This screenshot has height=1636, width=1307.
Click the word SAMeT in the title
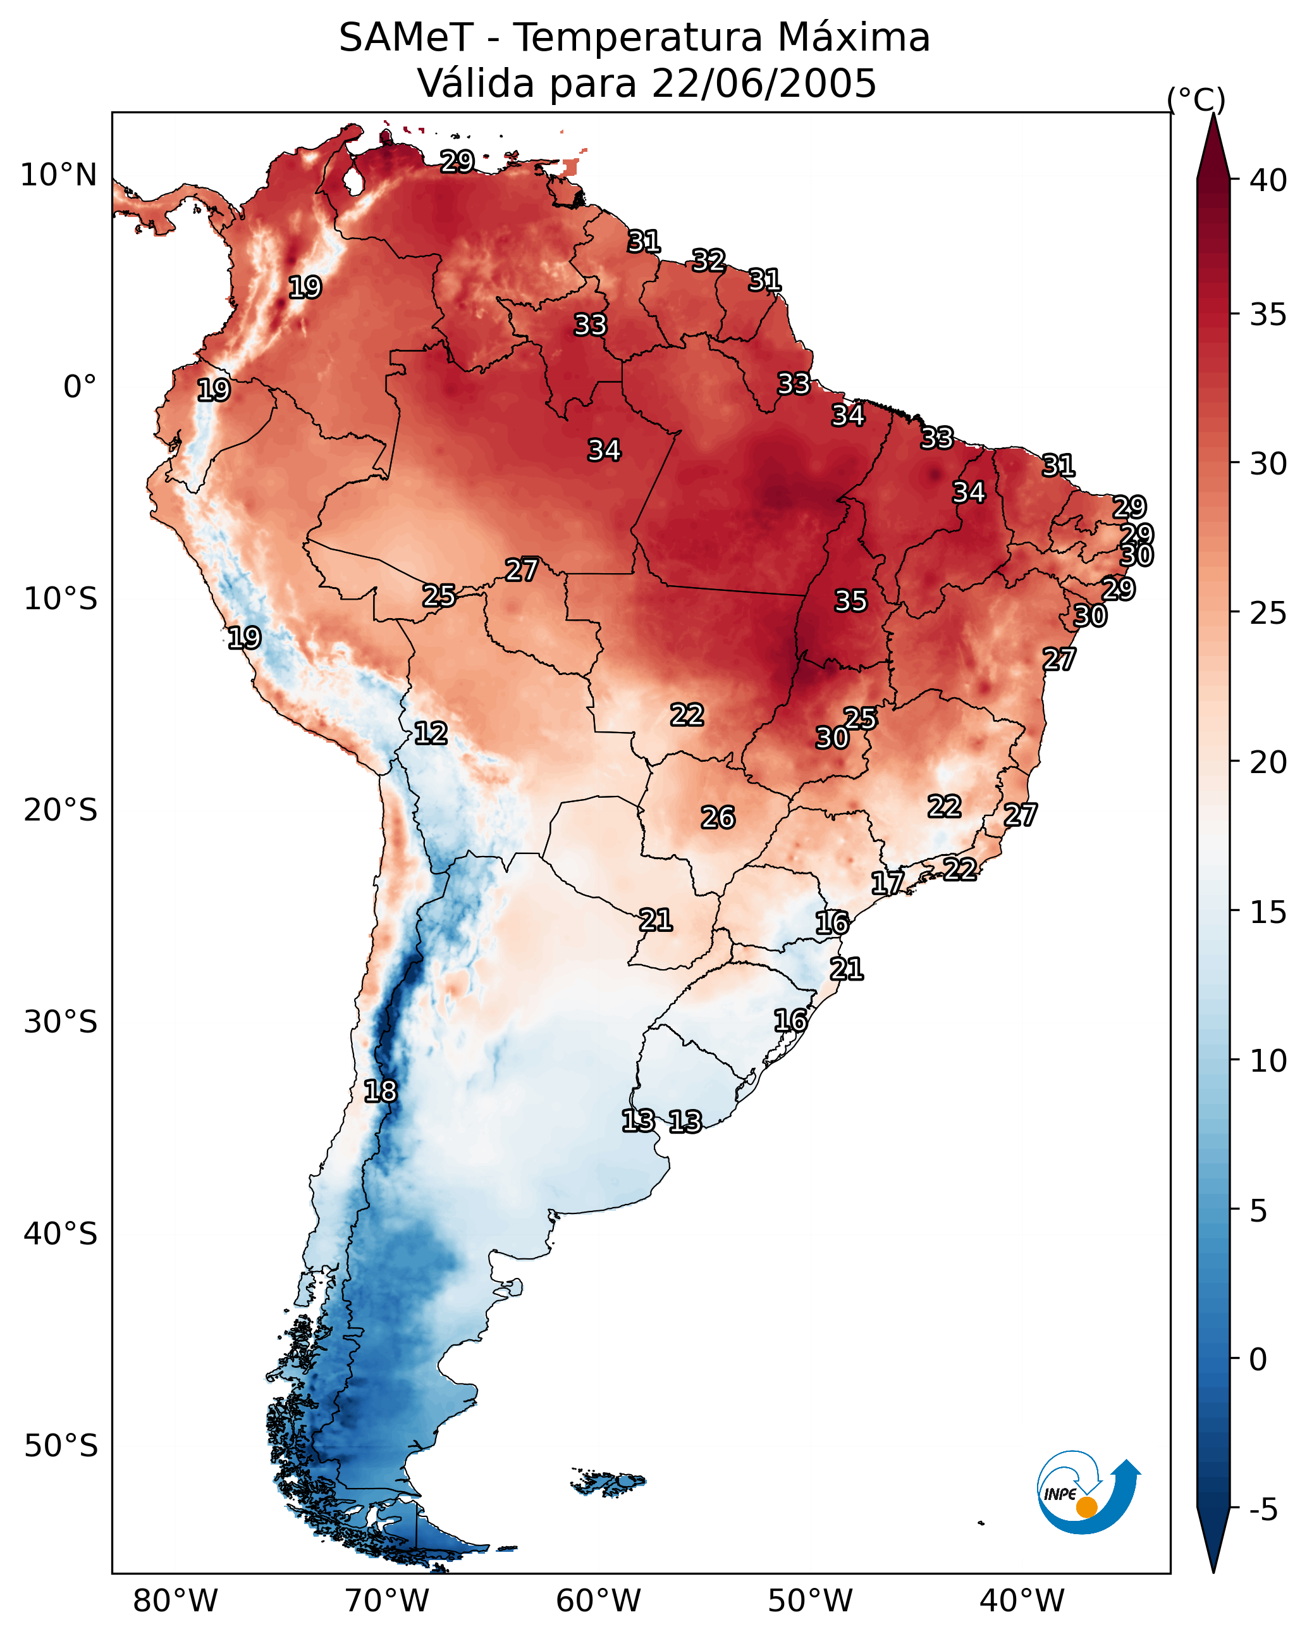pos(407,38)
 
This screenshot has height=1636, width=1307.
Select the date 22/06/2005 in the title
pos(764,84)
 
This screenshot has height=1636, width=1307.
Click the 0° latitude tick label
pos(80,387)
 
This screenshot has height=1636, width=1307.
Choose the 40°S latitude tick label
pos(61,1234)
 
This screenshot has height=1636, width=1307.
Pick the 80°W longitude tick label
pos(175,1601)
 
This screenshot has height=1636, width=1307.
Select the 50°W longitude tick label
pos(810,1601)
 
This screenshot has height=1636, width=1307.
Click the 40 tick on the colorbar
pos(1268,180)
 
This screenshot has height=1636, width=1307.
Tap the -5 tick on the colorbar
pos(1264,1510)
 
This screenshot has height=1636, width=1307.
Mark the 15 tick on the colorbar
pos(1268,912)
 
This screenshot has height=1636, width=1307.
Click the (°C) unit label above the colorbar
pos(1196,100)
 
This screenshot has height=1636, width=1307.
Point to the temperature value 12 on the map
pos(431,734)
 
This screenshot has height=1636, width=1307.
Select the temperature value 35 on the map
pos(850,602)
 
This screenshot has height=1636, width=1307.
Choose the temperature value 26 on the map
pos(718,818)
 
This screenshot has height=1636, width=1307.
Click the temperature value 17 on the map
pos(888,883)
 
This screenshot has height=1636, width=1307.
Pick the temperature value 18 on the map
pos(380,1092)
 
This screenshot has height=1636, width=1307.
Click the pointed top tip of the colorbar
pos(1213,114)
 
